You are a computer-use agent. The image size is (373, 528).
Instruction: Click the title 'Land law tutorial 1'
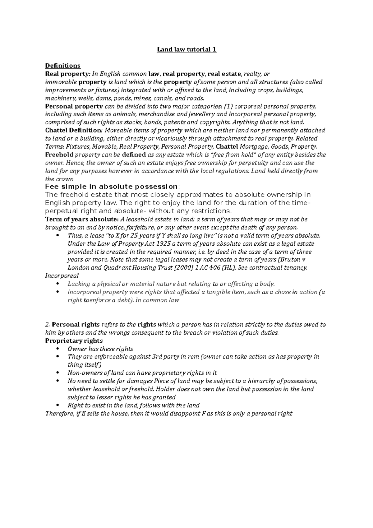pos(186,49)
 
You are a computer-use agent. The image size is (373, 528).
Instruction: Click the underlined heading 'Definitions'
pos(62,66)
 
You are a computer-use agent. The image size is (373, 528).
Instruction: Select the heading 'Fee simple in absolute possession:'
pos(112,187)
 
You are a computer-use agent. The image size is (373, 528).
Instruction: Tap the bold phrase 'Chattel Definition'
pos(73,130)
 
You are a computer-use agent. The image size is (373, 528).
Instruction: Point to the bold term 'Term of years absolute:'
pos(82,219)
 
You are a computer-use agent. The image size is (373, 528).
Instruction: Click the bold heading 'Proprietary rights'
pos(74,341)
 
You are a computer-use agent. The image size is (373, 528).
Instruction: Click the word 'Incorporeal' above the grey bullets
pos(62,276)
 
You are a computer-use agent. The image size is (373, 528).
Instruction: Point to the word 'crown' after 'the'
pos(65,179)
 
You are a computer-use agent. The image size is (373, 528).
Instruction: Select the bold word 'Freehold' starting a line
pos(59,155)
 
